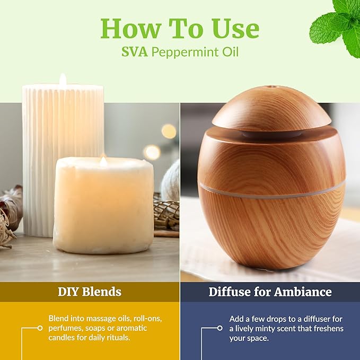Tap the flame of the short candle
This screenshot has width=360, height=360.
(x=103, y=161)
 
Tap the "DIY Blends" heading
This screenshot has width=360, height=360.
(x=90, y=292)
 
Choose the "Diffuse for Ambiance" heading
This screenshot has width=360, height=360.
(x=270, y=292)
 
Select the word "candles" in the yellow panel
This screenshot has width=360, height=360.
(x=63, y=338)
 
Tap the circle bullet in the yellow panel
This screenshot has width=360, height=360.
(x=40, y=328)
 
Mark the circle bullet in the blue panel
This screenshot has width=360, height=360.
(x=219, y=328)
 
